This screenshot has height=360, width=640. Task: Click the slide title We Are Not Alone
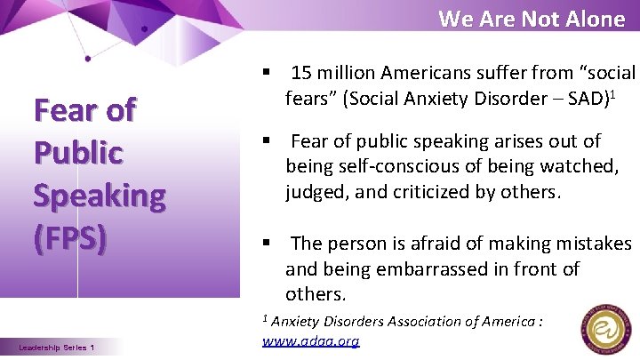click(532, 19)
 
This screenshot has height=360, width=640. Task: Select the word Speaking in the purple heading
click(99, 196)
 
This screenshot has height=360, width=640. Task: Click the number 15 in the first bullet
click(301, 72)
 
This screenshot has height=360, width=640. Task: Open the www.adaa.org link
click(311, 340)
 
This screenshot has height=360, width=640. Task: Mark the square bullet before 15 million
click(266, 72)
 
